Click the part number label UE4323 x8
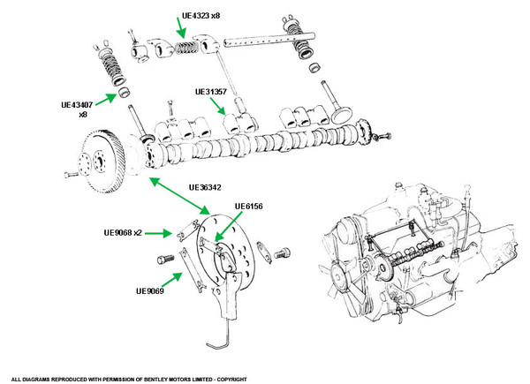coord(201,16)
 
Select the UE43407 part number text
coord(77,105)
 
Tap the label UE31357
coord(211,92)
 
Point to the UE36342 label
coord(205,187)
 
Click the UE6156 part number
coord(249,206)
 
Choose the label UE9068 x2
coord(123,233)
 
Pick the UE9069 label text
coord(150,290)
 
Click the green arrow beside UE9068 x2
coord(158,233)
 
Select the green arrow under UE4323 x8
coord(181,27)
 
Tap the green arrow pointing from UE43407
coord(107,100)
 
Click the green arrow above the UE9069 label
coord(171,280)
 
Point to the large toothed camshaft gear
coord(102,161)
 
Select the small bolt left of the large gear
coord(71,175)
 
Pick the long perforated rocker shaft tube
coord(269,40)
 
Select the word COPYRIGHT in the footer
coord(231,380)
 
